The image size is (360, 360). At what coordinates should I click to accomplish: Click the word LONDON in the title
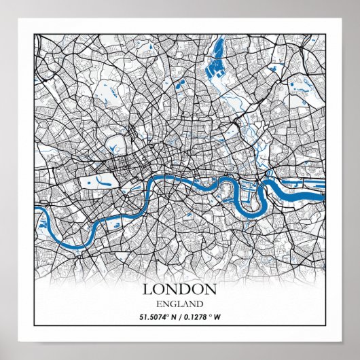[180, 289]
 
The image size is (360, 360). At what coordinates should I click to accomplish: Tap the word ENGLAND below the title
[180, 303]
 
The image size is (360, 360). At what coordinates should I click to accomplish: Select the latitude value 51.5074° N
[160, 316]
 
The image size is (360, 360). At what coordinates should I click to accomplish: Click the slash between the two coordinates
[183, 316]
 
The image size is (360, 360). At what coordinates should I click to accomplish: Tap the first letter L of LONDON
[148, 289]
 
